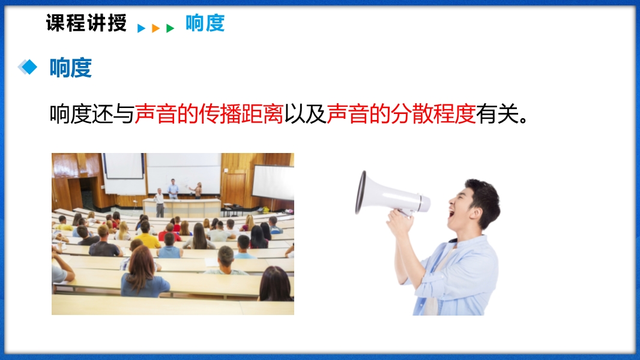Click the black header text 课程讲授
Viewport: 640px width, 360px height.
point(86,23)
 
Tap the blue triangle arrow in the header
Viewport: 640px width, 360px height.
point(141,28)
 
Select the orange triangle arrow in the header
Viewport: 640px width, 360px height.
point(155,28)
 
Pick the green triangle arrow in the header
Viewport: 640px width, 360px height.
point(170,28)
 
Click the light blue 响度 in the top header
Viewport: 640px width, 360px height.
point(205,23)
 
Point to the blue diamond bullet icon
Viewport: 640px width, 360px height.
point(28,67)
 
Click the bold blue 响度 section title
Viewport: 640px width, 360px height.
point(71,67)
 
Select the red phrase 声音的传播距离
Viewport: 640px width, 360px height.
point(208,114)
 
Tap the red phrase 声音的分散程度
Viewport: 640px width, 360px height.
point(401,114)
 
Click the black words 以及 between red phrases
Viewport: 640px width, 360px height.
point(305,114)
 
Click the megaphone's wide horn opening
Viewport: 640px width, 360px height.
point(361,193)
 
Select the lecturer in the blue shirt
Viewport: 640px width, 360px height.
point(173,189)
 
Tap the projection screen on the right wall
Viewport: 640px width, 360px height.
point(273,182)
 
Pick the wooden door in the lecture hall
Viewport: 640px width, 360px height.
point(235,189)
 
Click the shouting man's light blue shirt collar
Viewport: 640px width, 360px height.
point(457,245)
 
